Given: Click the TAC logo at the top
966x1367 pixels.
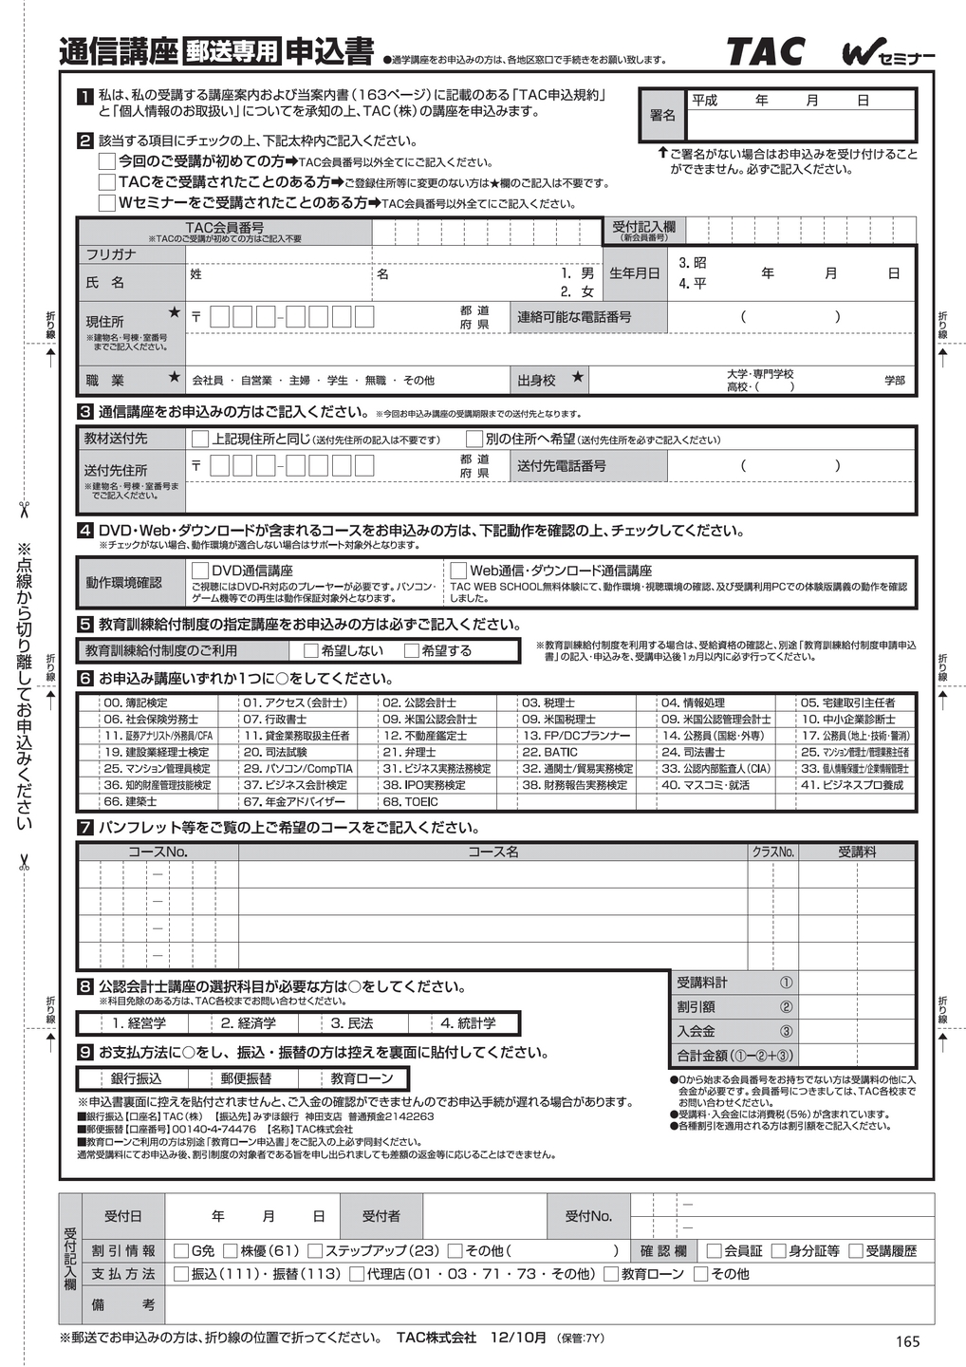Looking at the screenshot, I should [x=765, y=51].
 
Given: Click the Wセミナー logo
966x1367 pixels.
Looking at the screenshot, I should [x=887, y=55].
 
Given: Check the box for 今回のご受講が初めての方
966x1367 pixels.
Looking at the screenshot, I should [x=107, y=161].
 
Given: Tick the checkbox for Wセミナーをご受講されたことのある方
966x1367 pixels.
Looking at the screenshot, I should [x=107, y=202].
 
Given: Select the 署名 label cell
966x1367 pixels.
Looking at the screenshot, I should [x=662, y=115].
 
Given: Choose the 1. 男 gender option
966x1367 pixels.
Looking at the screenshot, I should [x=577, y=273].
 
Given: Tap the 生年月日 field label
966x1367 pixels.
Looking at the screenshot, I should [x=635, y=273].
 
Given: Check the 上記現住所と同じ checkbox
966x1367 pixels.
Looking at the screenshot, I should [x=200, y=439].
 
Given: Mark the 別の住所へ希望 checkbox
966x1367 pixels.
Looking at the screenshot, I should [x=474, y=439].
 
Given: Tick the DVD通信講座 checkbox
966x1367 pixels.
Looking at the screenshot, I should [x=200, y=571].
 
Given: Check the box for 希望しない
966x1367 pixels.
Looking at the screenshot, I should [x=310, y=650].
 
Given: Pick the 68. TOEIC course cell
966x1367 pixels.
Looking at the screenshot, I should [x=410, y=801].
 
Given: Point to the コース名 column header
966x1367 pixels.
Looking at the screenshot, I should [x=492, y=852].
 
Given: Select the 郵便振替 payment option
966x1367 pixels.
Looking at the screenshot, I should [x=246, y=1078].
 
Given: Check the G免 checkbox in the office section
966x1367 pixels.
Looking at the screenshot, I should [x=181, y=1251].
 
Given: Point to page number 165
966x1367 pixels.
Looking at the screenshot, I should [x=907, y=1340].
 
